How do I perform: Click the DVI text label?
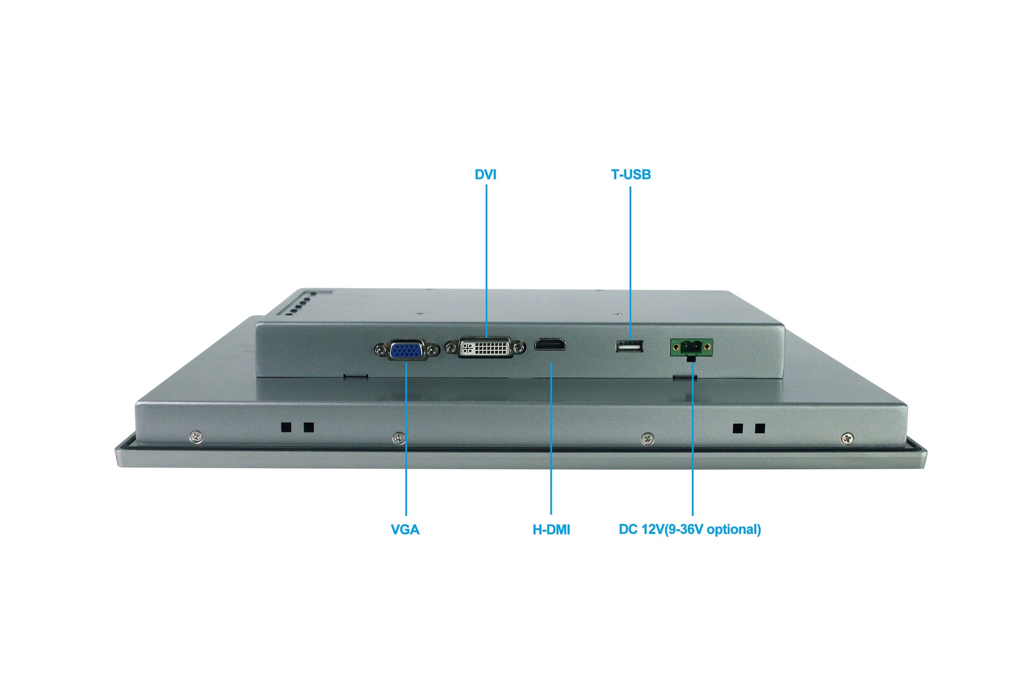[485, 174]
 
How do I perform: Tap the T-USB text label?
[631, 174]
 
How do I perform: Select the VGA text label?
[405, 529]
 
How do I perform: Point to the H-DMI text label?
[551, 529]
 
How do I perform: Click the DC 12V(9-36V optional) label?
[690, 529]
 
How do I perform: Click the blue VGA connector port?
[407, 350]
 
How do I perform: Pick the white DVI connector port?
[485, 348]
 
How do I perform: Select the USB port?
[629, 346]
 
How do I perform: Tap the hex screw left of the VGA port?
[382, 350]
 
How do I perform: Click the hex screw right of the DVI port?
[518, 348]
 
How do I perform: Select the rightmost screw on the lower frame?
[848, 438]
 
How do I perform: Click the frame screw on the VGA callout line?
[399, 438]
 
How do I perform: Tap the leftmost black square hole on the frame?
[286, 427]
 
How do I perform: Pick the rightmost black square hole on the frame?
[760, 429]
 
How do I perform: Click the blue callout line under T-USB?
[630, 261]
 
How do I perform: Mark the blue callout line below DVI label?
[486, 261]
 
